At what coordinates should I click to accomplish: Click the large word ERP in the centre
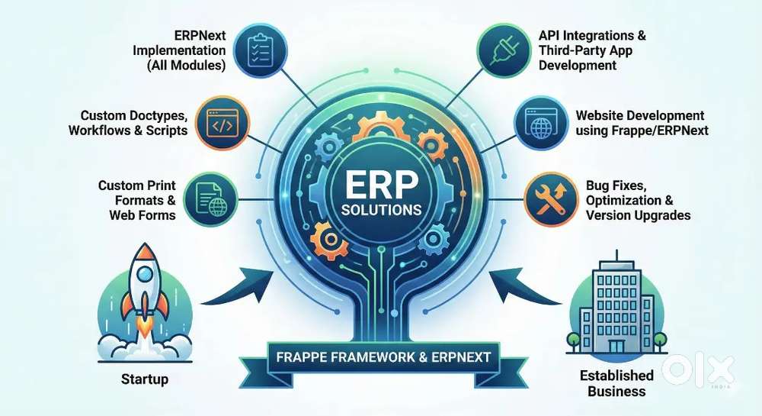(x=381, y=183)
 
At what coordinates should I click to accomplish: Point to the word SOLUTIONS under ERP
(x=381, y=208)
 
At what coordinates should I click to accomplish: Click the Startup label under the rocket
(x=145, y=379)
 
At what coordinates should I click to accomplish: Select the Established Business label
(x=616, y=383)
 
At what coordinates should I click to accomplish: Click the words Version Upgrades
(x=639, y=215)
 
